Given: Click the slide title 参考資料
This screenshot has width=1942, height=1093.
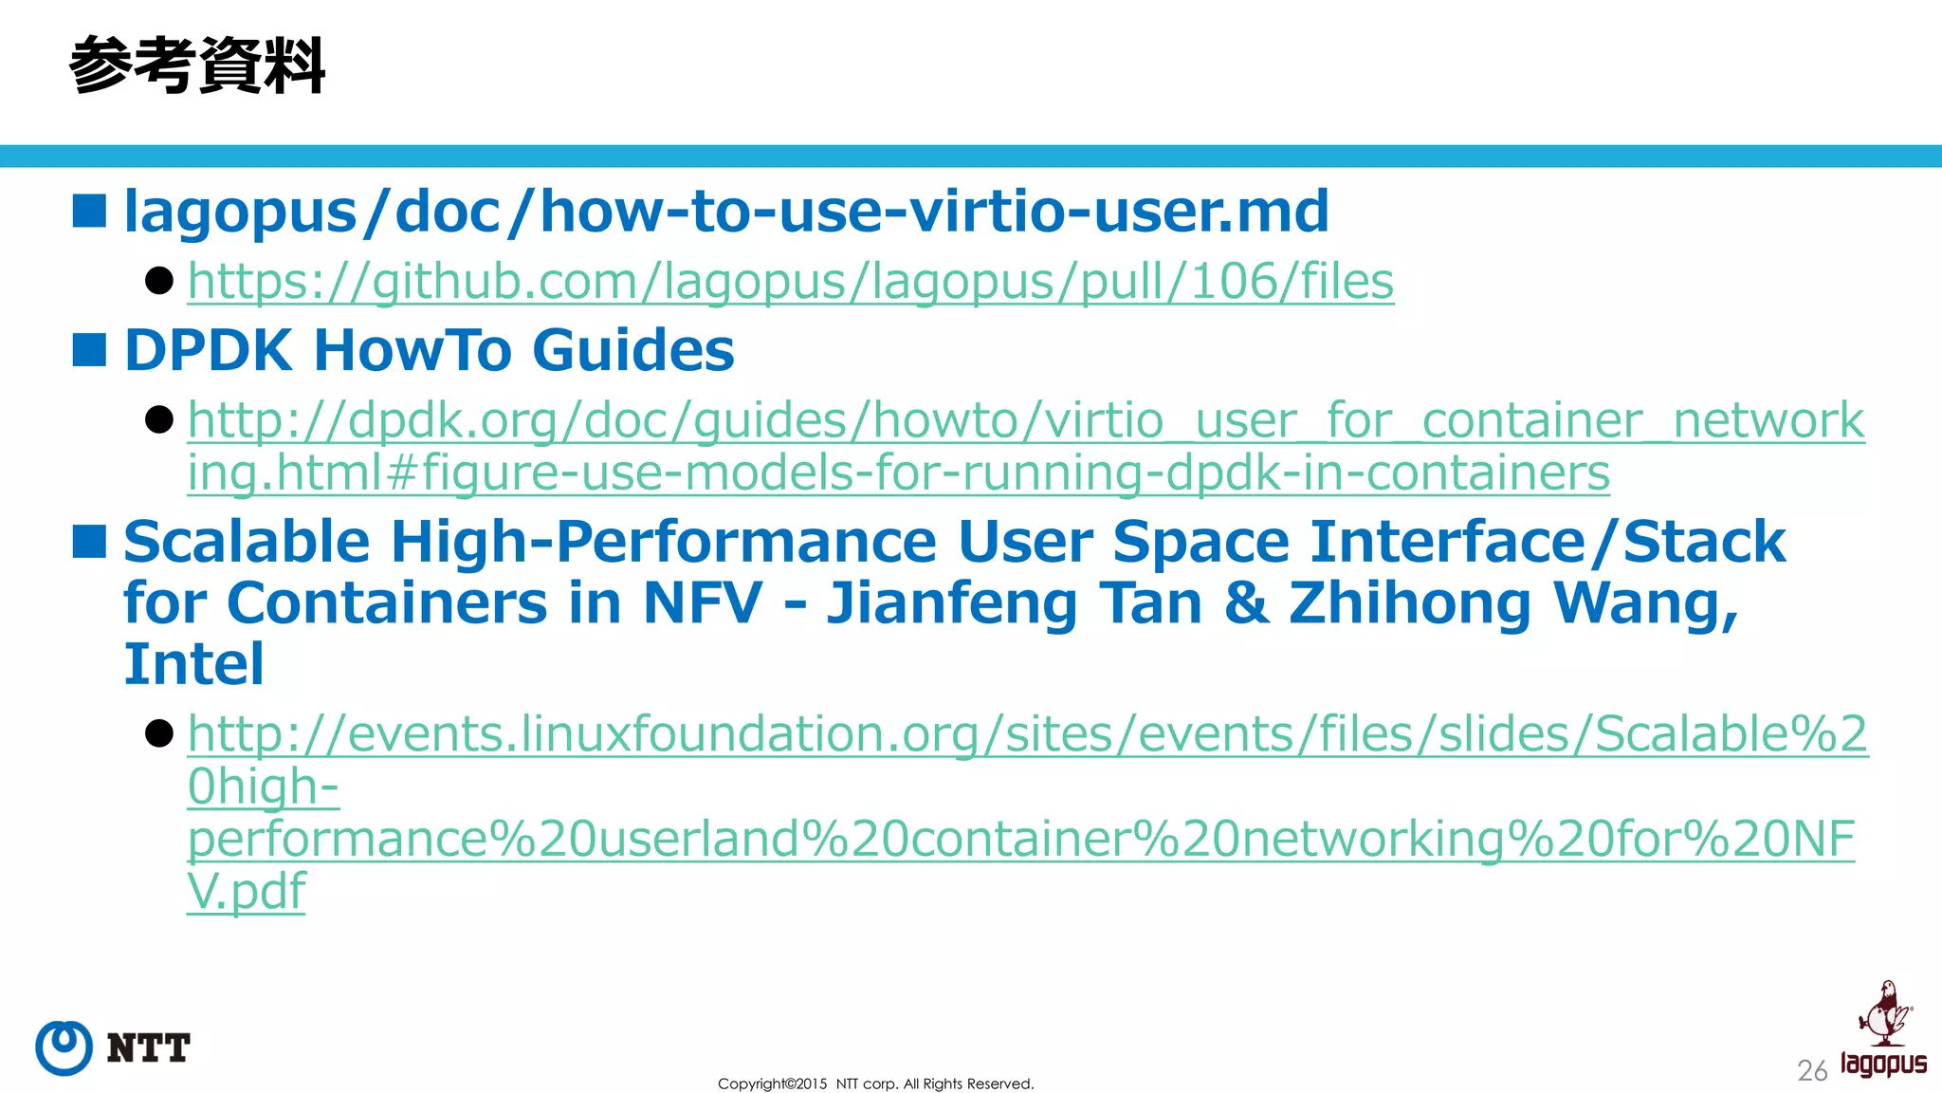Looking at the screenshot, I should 197,65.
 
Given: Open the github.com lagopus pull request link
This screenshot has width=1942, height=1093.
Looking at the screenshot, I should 790,282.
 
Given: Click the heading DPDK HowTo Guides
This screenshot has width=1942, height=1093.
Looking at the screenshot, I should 429,350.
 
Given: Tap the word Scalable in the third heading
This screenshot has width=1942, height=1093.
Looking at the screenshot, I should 247,542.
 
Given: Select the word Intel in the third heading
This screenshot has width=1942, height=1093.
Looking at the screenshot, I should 193,663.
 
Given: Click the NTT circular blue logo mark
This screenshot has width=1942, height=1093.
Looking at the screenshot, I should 64,1047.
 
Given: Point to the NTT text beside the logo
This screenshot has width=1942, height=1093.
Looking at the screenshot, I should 148,1048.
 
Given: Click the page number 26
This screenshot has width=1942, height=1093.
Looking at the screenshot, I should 1811,1071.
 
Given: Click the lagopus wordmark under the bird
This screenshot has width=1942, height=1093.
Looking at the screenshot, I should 1883,1064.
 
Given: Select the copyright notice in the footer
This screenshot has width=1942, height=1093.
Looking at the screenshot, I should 875,1084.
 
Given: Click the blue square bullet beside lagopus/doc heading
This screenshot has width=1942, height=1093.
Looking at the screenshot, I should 89,211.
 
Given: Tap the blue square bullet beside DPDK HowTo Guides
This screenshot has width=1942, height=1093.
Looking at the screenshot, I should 89,350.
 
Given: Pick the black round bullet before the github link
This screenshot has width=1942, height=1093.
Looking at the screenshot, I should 159,281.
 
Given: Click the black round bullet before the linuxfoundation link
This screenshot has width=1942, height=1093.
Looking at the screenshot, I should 159,733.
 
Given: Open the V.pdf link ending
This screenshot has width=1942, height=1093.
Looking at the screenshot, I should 247,892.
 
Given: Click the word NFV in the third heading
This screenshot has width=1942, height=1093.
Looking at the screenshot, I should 702,602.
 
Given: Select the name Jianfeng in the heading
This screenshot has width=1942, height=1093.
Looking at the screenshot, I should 951,602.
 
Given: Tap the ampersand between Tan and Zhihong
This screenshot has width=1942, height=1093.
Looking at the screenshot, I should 1246,602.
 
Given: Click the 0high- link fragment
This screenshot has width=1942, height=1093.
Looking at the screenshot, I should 263,787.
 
